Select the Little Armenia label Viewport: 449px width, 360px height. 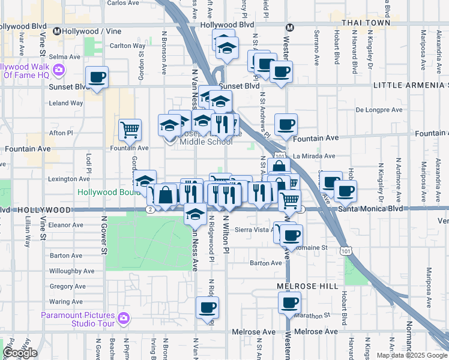tap(411, 86)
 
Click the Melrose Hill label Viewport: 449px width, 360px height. tap(308, 287)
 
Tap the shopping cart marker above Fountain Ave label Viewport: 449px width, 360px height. tap(130, 128)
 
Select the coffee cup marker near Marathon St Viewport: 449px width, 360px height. tap(289, 303)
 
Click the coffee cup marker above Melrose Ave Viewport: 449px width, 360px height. tap(207, 308)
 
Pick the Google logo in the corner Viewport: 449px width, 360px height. tap(20, 353)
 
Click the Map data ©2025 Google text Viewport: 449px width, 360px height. tap(412, 355)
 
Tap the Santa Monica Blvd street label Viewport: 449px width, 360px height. tap(370, 209)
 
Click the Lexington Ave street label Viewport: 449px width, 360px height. tap(69, 179)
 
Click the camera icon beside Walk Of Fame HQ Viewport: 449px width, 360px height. tap(58, 70)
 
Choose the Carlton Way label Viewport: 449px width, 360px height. tap(127, 45)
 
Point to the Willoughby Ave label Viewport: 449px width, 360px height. tap(71, 271)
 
